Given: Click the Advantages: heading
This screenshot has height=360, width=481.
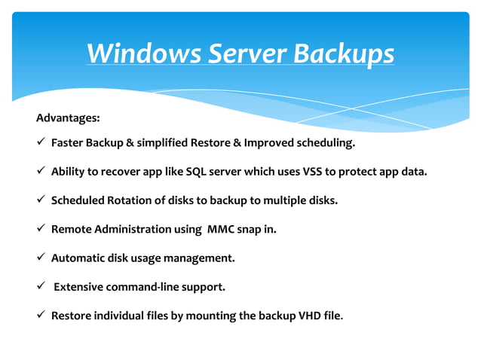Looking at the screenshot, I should click(x=68, y=118).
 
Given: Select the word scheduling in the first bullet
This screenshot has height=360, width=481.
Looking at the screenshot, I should click(x=323, y=142).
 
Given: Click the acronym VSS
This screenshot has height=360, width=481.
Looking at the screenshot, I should click(x=315, y=171).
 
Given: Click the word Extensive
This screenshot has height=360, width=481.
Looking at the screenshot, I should click(x=80, y=287).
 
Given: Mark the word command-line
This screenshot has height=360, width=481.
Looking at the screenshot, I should click(x=147, y=287).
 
